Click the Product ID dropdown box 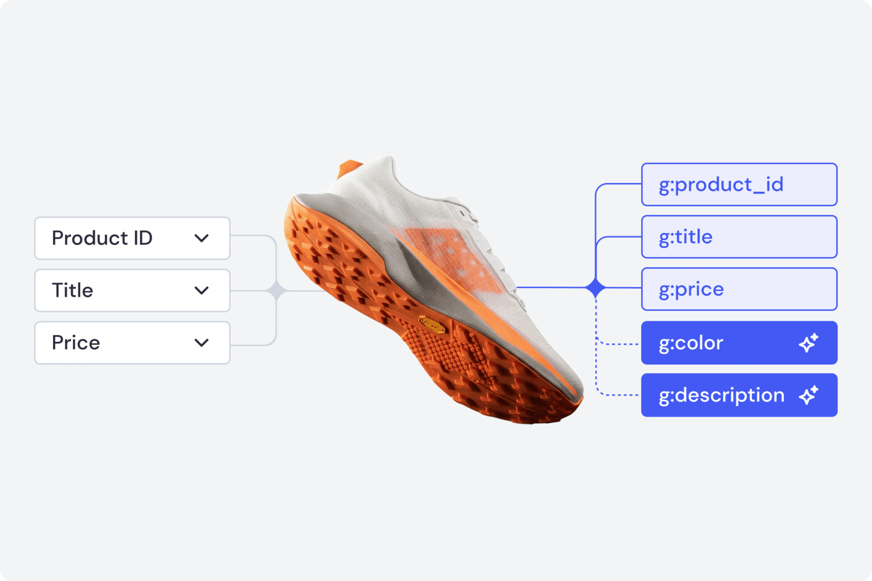pos(132,238)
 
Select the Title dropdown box pos(132,290)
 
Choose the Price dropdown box pos(132,343)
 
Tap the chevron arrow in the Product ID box pos(201,238)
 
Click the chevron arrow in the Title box pos(201,290)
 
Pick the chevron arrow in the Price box pos(201,343)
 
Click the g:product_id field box pos(739,184)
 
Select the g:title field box pos(739,237)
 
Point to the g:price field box pos(739,289)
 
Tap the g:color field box pos(739,343)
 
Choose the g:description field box pos(739,395)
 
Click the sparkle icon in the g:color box pos(808,343)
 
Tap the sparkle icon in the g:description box pos(808,395)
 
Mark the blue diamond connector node pos(595,288)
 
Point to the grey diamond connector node pos(277,291)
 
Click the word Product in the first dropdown pos(90,238)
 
